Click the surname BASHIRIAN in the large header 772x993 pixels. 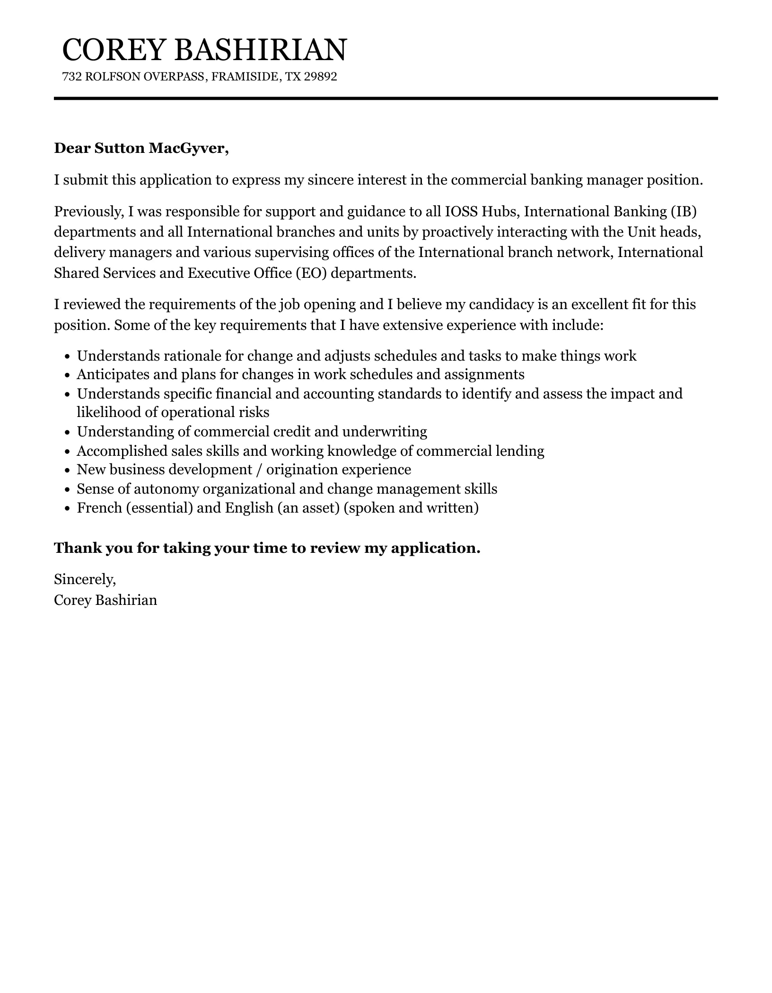(x=260, y=50)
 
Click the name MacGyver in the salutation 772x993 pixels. (x=189, y=148)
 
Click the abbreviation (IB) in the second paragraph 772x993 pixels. (x=684, y=211)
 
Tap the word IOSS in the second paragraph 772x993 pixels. (x=461, y=211)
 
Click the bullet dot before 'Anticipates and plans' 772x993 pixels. (x=67, y=375)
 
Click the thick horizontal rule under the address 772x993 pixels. (x=386, y=98)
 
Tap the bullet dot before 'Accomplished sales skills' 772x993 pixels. (x=67, y=452)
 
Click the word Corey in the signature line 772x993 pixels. (x=72, y=600)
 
